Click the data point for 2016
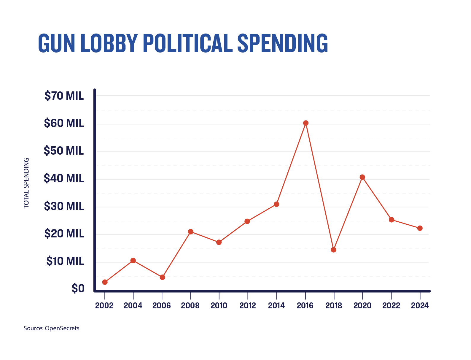[x=306, y=123]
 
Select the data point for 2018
[x=334, y=250]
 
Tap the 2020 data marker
[x=362, y=177]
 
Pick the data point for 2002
[x=105, y=282]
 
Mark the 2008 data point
[x=191, y=232]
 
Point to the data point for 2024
[x=420, y=228]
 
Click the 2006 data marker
[x=162, y=277]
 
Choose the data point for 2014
[x=276, y=204]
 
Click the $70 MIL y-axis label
[x=64, y=96]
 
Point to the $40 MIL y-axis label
[x=64, y=178]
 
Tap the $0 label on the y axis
[x=78, y=288]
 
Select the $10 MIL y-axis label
[x=65, y=261]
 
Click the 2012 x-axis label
[x=247, y=306]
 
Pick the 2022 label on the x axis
[x=391, y=306]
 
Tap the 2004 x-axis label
[x=133, y=306]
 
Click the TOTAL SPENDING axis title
[x=26, y=183]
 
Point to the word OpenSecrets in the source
[x=62, y=328]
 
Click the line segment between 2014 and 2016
[x=291, y=164]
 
